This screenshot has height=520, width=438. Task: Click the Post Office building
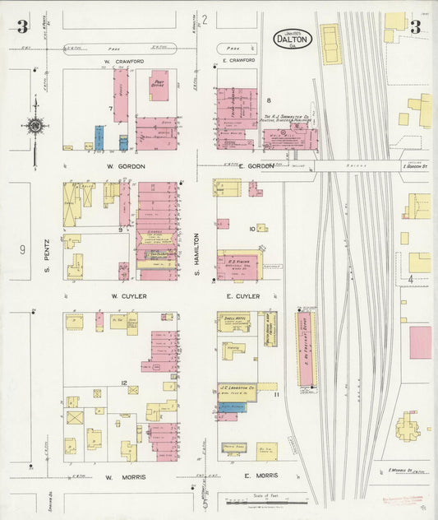159,86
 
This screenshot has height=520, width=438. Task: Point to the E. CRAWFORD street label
239,61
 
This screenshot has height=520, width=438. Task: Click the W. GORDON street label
126,166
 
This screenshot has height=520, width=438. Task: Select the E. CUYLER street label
242,295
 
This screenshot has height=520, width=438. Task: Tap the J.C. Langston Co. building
237,388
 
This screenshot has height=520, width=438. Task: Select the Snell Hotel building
233,322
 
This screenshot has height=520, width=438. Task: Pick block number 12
123,383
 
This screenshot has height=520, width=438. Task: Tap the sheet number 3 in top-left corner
21,27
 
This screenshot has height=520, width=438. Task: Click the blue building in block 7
99,137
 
